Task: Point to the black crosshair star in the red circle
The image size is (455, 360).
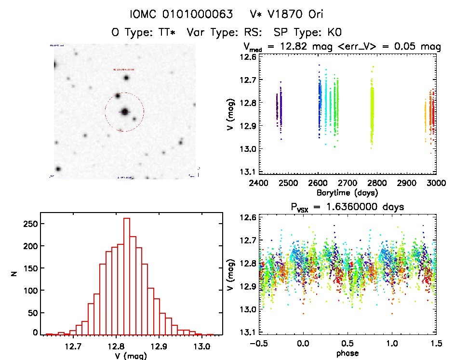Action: tap(125, 112)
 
